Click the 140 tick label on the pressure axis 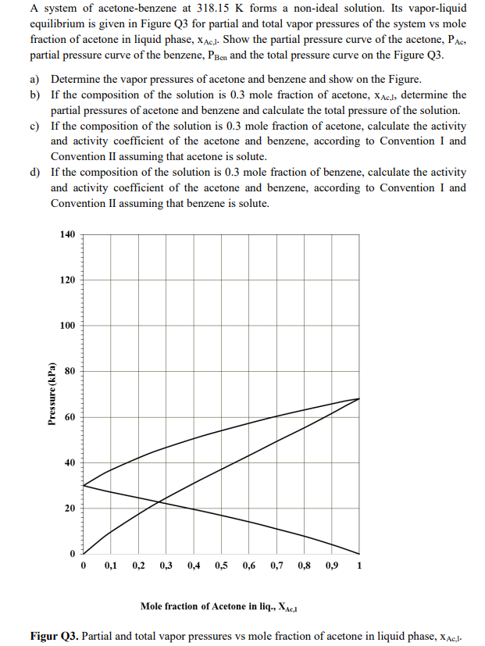(66, 234)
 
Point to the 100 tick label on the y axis (66, 325)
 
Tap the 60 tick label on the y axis (69, 417)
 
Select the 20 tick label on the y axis (69, 509)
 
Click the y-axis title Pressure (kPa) (52, 394)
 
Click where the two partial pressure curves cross (159, 501)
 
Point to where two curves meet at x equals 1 (358, 398)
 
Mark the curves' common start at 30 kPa (83, 485)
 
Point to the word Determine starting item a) (77, 80)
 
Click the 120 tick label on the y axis (66, 280)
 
